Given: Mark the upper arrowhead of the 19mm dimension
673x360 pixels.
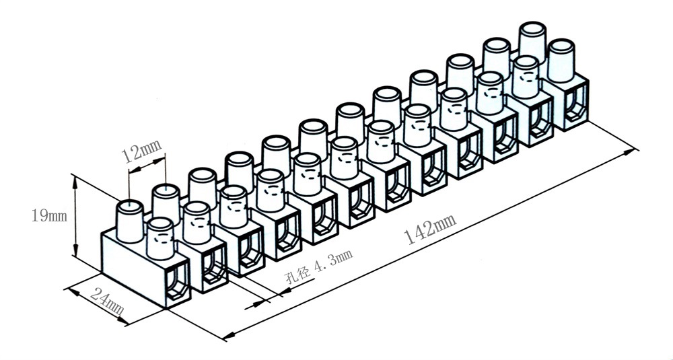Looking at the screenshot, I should point(75,179).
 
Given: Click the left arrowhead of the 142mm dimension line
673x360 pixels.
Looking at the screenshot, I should point(227,334).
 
